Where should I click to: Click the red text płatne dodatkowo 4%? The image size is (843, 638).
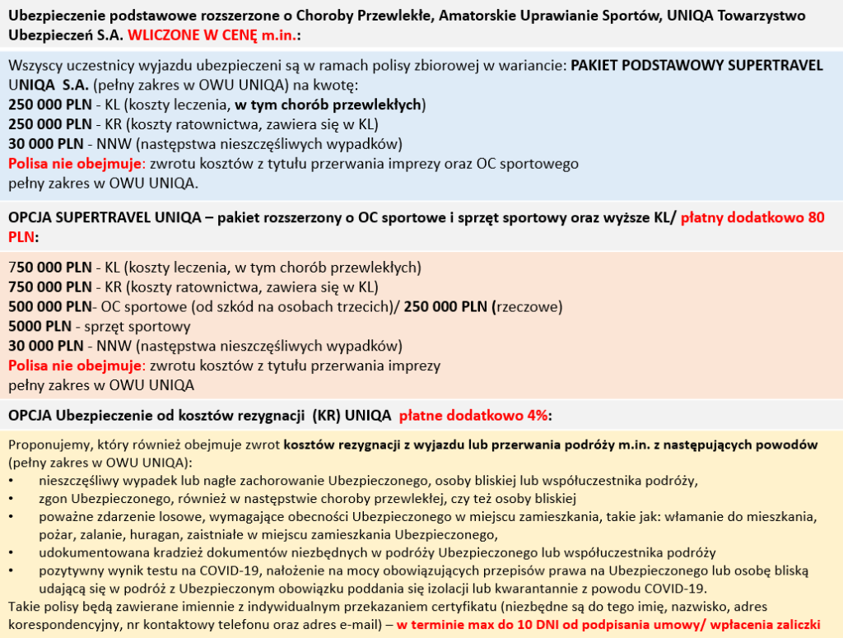[x=475, y=416]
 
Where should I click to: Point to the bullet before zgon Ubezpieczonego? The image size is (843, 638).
[x=12, y=498]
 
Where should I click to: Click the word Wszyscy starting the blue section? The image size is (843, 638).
[x=32, y=66]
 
